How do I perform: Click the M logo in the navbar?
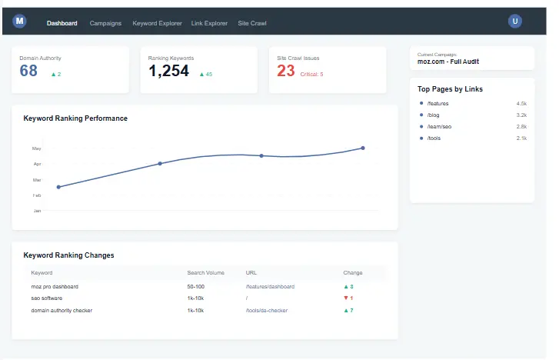[x=20, y=22]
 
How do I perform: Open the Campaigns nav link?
[x=105, y=23]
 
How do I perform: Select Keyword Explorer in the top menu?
[x=157, y=23]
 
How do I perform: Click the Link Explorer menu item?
[x=210, y=23]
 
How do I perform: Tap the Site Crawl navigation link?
[x=252, y=23]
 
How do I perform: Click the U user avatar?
[x=515, y=22]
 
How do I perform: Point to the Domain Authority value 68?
[x=28, y=72]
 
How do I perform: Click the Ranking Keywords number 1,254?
[x=168, y=72]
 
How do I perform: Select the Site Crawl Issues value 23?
[x=286, y=72]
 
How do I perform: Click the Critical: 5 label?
[x=311, y=75]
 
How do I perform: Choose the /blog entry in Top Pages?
[x=434, y=115]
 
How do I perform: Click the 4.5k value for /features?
[x=521, y=103]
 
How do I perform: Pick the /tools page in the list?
[x=435, y=138]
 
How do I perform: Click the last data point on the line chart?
[x=363, y=148]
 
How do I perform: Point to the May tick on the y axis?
[x=36, y=148]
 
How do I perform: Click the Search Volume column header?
[x=205, y=272]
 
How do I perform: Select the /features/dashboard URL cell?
[x=270, y=286]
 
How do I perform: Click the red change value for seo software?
[x=348, y=298]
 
